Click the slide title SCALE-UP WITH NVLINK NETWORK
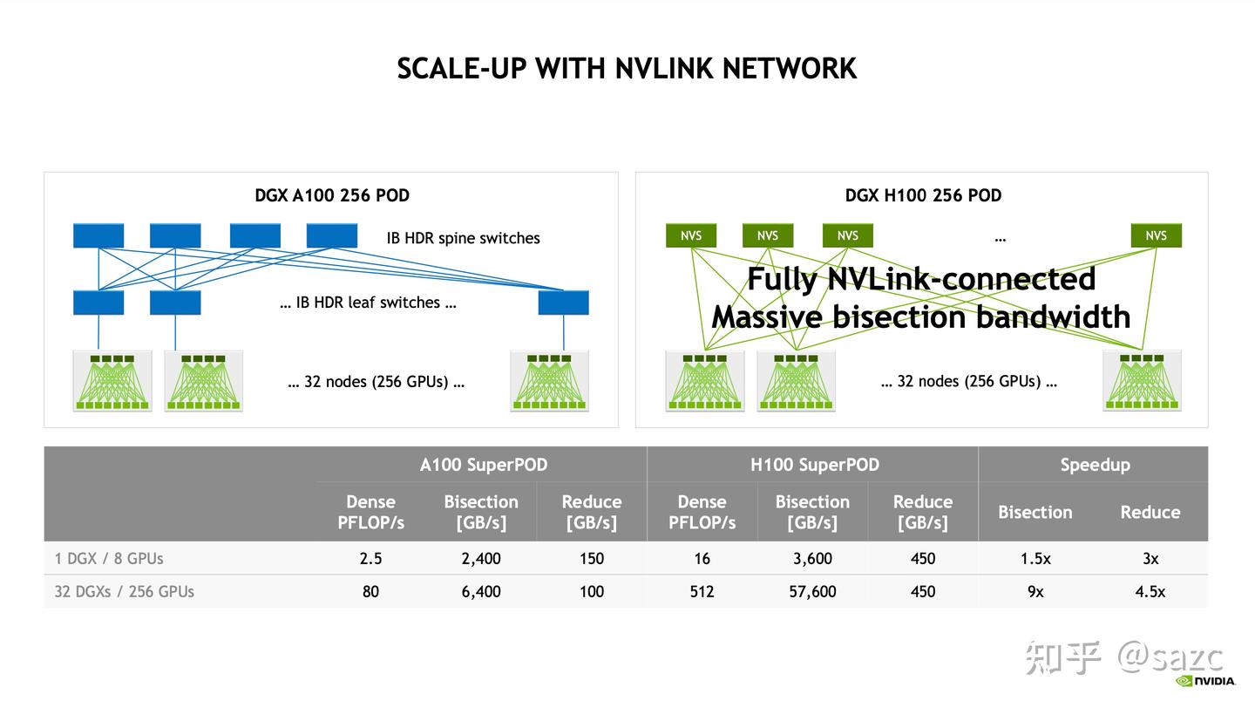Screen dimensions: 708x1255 (x=627, y=68)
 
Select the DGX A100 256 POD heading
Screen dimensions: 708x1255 (x=331, y=195)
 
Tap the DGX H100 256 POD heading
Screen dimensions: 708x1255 (x=923, y=195)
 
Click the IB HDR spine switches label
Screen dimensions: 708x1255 (x=463, y=238)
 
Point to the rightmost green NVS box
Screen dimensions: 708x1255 (x=1156, y=235)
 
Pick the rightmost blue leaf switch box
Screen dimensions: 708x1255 (x=563, y=303)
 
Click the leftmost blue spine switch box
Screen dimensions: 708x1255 (x=98, y=235)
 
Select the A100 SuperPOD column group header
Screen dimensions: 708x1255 (x=483, y=465)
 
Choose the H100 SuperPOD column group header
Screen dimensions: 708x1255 (x=814, y=465)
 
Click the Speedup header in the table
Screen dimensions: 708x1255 (x=1094, y=465)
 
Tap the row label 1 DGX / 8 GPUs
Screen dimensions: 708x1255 (x=109, y=558)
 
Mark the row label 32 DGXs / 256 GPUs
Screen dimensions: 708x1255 (x=124, y=591)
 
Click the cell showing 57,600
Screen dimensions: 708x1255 (x=812, y=591)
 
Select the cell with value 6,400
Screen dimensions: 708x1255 (x=481, y=591)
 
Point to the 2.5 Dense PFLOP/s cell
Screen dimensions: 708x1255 (x=370, y=558)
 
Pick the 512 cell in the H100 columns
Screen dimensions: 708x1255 (x=702, y=591)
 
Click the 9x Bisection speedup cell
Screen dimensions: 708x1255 (x=1035, y=591)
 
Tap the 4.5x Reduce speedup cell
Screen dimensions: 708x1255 (x=1150, y=591)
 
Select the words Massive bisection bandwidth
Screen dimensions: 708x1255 (x=920, y=316)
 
